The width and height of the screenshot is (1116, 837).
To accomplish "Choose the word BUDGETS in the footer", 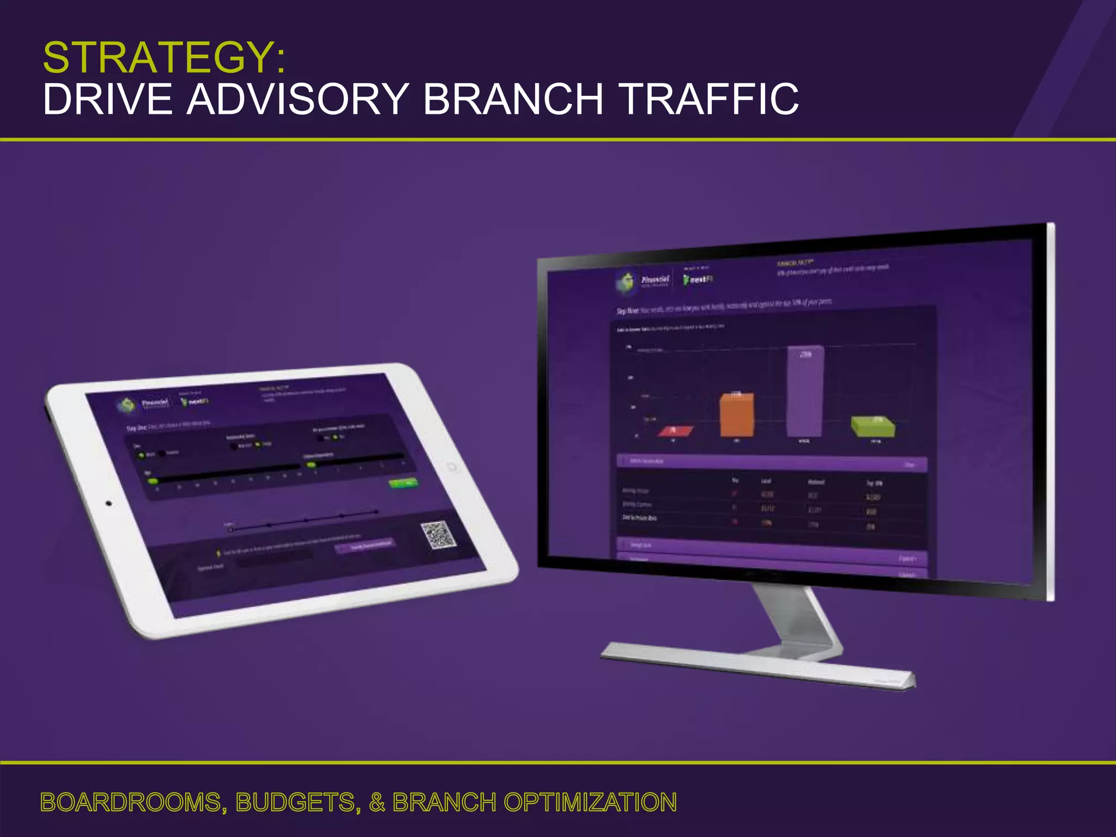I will [298, 802].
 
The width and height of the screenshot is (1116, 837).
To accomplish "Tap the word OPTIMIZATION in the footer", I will [590, 802].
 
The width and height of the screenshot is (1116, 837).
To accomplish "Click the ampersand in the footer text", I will [377, 802].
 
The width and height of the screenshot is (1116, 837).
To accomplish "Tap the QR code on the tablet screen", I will [438, 535].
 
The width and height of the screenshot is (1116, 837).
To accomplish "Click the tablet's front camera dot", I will [108, 503].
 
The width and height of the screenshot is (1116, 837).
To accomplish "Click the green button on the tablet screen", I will [403, 483].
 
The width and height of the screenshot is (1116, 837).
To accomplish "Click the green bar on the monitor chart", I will [873, 427].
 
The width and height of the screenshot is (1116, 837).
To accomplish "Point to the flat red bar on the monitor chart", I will [676, 431].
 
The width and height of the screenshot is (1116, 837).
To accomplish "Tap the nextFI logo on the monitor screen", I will [699, 279].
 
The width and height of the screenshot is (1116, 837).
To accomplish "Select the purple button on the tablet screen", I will [364, 546].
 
